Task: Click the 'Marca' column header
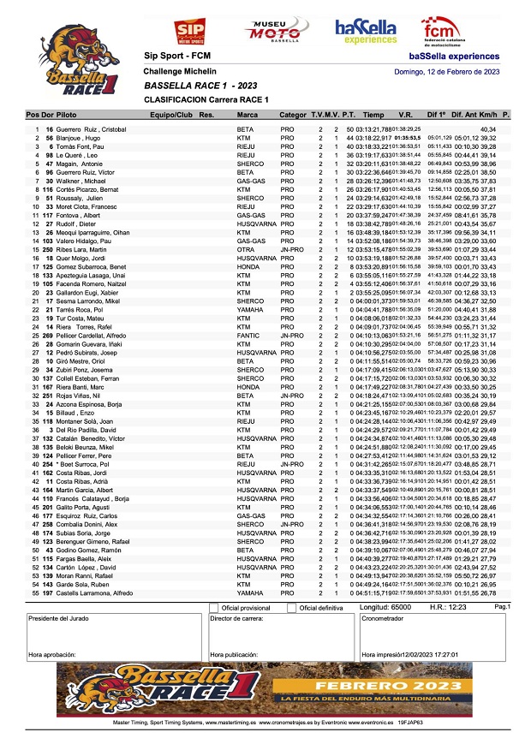point(248,114)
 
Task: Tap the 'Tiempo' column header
point(373,114)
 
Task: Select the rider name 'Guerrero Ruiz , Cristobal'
point(91,129)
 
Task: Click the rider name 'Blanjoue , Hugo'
point(79,138)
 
